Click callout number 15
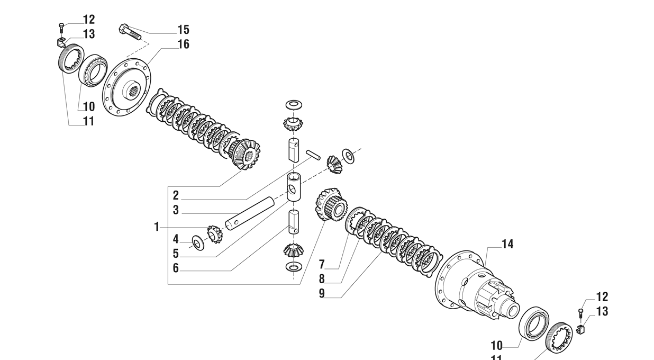point(184,30)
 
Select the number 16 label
point(184,44)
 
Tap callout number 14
point(507,244)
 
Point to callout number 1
point(157,227)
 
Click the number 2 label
point(176,195)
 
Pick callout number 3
point(176,210)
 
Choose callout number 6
point(176,268)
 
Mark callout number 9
point(322,293)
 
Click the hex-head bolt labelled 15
point(130,32)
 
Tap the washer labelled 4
point(198,242)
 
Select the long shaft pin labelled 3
point(250,213)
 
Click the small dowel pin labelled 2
point(313,155)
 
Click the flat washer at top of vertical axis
point(294,105)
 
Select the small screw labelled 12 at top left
point(61,28)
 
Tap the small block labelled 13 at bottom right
point(581,329)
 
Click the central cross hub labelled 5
point(294,187)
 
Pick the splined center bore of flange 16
point(134,92)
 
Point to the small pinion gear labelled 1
point(215,234)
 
